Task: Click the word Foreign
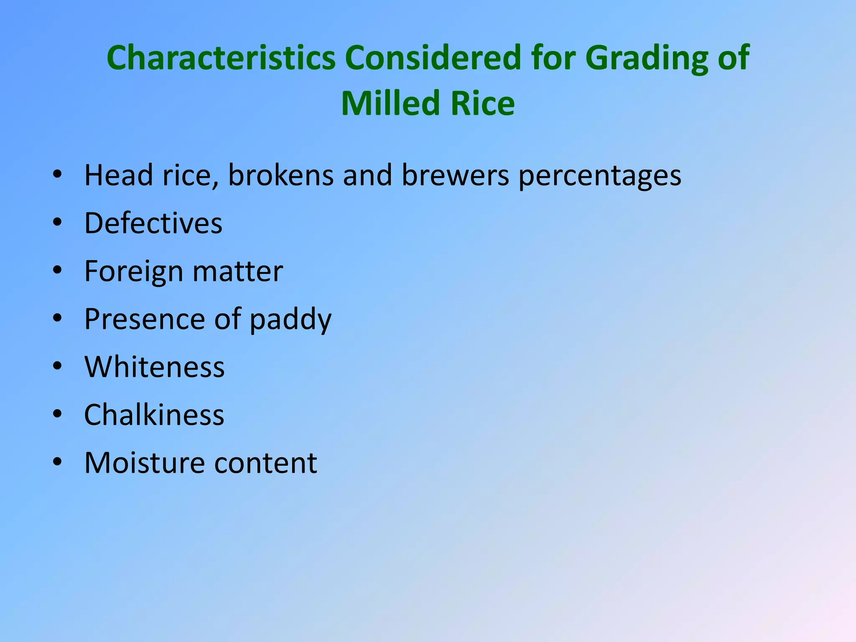tap(134, 272)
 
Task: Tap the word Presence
tap(145, 319)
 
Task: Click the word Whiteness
tap(155, 367)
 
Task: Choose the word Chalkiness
tap(154, 415)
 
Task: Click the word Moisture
tap(145, 463)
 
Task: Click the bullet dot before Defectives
tap(57, 222)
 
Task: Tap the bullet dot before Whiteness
tap(57, 366)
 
